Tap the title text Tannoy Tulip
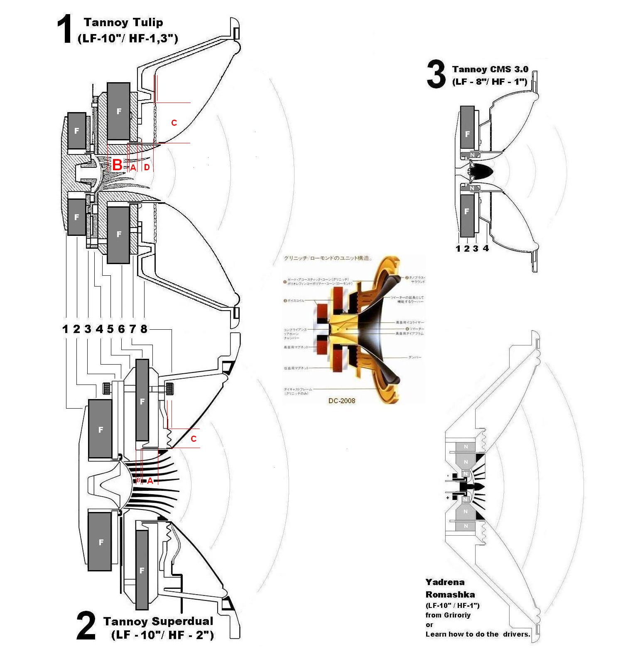[x=123, y=22]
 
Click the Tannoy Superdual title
[x=158, y=621]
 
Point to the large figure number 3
[x=436, y=75]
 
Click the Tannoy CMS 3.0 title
[x=490, y=69]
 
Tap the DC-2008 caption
[x=341, y=401]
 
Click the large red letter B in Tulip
[x=117, y=165]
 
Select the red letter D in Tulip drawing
[x=147, y=167]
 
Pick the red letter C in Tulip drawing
[x=174, y=123]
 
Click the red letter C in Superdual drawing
[x=194, y=439]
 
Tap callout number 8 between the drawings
[x=144, y=329]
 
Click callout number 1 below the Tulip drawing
[x=65, y=329]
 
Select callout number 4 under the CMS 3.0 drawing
[x=486, y=248]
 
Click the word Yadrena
[x=445, y=582]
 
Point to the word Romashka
[x=450, y=595]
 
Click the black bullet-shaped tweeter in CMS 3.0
[x=482, y=171]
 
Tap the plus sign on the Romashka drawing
[x=448, y=497]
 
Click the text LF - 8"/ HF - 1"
[x=490, y=82]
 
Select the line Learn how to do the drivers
[x=478, y=634]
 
